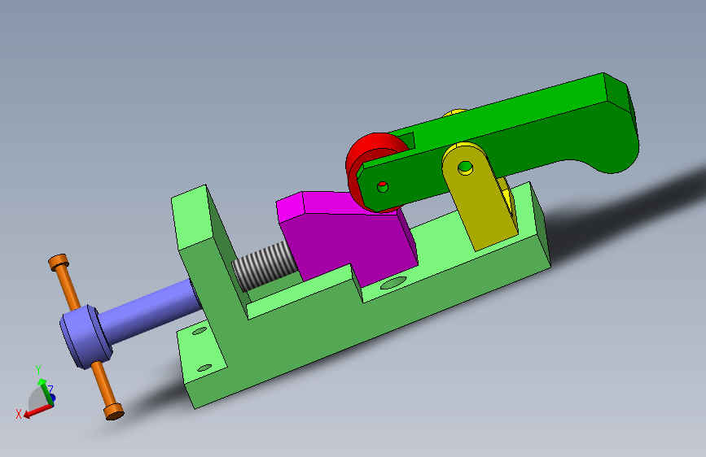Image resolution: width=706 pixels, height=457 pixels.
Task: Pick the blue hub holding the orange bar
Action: tap(85, 336)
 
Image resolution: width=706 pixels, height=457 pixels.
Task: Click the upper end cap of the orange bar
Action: tap(59, 262)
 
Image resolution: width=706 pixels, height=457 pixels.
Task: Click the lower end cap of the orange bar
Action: tap(114, 411)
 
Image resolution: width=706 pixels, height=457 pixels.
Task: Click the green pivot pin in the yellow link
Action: tap(465, 168)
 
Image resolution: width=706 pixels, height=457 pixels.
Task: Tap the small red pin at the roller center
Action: tap(383, 185)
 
